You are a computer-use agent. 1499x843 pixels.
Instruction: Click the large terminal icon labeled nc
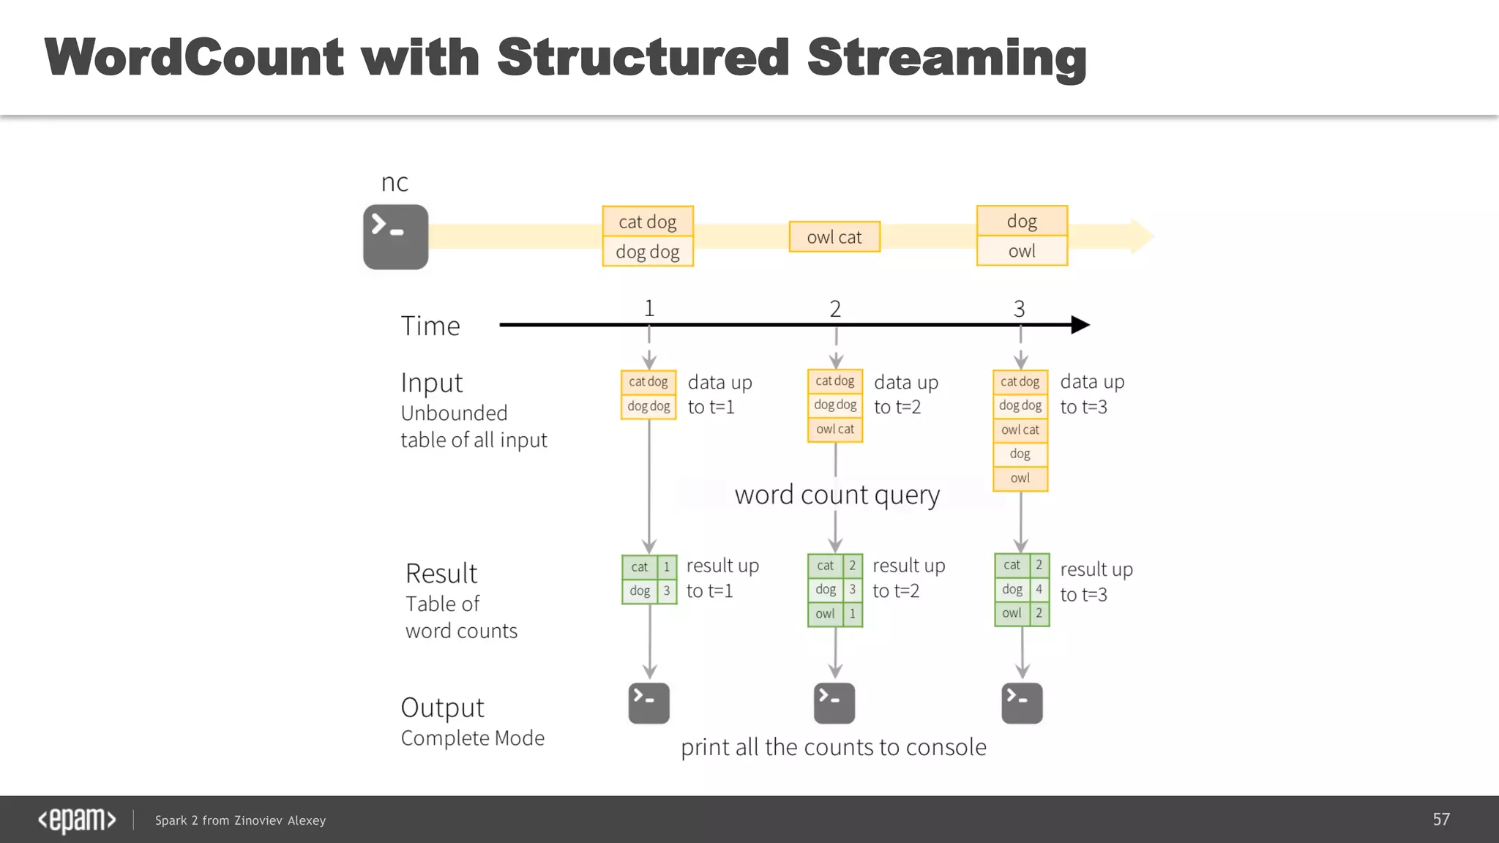coord(395,236)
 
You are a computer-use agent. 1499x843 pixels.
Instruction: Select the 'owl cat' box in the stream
coord(834,237)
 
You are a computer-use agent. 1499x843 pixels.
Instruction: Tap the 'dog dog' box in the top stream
coord(648,252)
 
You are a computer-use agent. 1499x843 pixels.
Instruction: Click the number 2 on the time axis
coord(835,309)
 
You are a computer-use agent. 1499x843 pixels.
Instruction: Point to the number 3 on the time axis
coord(1019,309)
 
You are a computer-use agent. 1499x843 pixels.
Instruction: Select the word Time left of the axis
coord(430,326)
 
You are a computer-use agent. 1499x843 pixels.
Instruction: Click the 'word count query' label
coord(837,495)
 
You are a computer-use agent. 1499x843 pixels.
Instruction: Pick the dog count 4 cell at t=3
coord(1039,589)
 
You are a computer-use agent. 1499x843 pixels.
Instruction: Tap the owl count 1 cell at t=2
coord(852,614)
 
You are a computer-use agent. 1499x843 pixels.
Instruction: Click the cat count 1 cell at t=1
coord(667,566)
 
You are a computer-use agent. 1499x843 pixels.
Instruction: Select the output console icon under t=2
coord(834,703)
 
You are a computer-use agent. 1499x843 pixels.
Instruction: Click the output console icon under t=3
coord(1022,703)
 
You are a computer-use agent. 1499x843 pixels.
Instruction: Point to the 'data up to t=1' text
coord(719,394)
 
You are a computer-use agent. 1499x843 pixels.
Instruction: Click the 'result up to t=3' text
coord(1096,582)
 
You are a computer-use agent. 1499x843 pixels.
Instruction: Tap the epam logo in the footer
coord(77,820)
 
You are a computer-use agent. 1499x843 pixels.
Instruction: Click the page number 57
coord(1441,820)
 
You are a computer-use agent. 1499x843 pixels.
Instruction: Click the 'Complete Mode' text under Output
coord(473,738)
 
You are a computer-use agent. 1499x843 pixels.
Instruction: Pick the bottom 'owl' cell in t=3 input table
coord(1020,478)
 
